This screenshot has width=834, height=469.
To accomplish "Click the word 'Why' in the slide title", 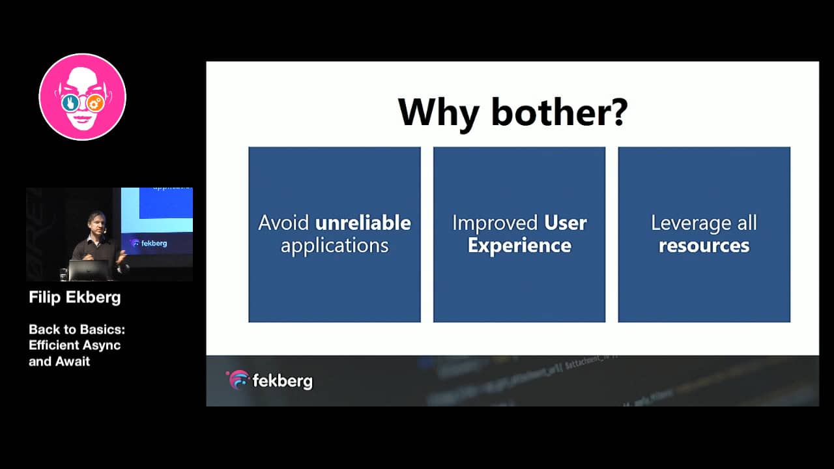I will pyautogui.click(x=438, y=113).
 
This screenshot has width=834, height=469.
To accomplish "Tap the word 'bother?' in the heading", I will pyautogui.click(x=559, y=111).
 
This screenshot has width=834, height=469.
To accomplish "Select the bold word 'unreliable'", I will pyautogui.click(x=363, y=223).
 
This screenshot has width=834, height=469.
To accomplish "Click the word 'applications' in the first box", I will pyautogui.click(x=334, y=246).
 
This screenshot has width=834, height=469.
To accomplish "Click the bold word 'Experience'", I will pyautogui.click(x=519, y=246).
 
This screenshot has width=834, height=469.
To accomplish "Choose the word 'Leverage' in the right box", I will pyautogui.click(x=682, y=223).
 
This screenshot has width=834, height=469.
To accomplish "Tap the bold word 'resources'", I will pyautogui.click(x=704, y=246).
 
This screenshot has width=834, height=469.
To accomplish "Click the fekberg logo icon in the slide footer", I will pyautogui.click(x=238, y=380).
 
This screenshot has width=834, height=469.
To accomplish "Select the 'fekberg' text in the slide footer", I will pyautogui.click(x=282, y=381).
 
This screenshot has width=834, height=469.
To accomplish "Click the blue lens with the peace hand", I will pyautogui.click(x=70, y=103).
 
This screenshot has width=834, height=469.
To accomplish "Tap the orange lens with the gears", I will pyautogui.click(x=95, y=102).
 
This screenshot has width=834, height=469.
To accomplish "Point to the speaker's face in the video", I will pyautogui.click(x=96, y=222).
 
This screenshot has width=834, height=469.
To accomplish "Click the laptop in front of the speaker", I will pyautogui.click(x=89, y=270).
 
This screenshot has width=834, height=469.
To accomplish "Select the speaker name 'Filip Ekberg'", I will pyautogui.click(x=75, y=298).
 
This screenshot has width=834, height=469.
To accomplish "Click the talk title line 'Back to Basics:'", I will pyautogui.click(x=77, y=330).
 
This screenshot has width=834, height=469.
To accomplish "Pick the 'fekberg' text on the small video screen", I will pyautogui.click(x=152, y=243).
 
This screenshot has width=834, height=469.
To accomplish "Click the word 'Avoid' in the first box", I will pyautogui.click(x=284, y=223).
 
